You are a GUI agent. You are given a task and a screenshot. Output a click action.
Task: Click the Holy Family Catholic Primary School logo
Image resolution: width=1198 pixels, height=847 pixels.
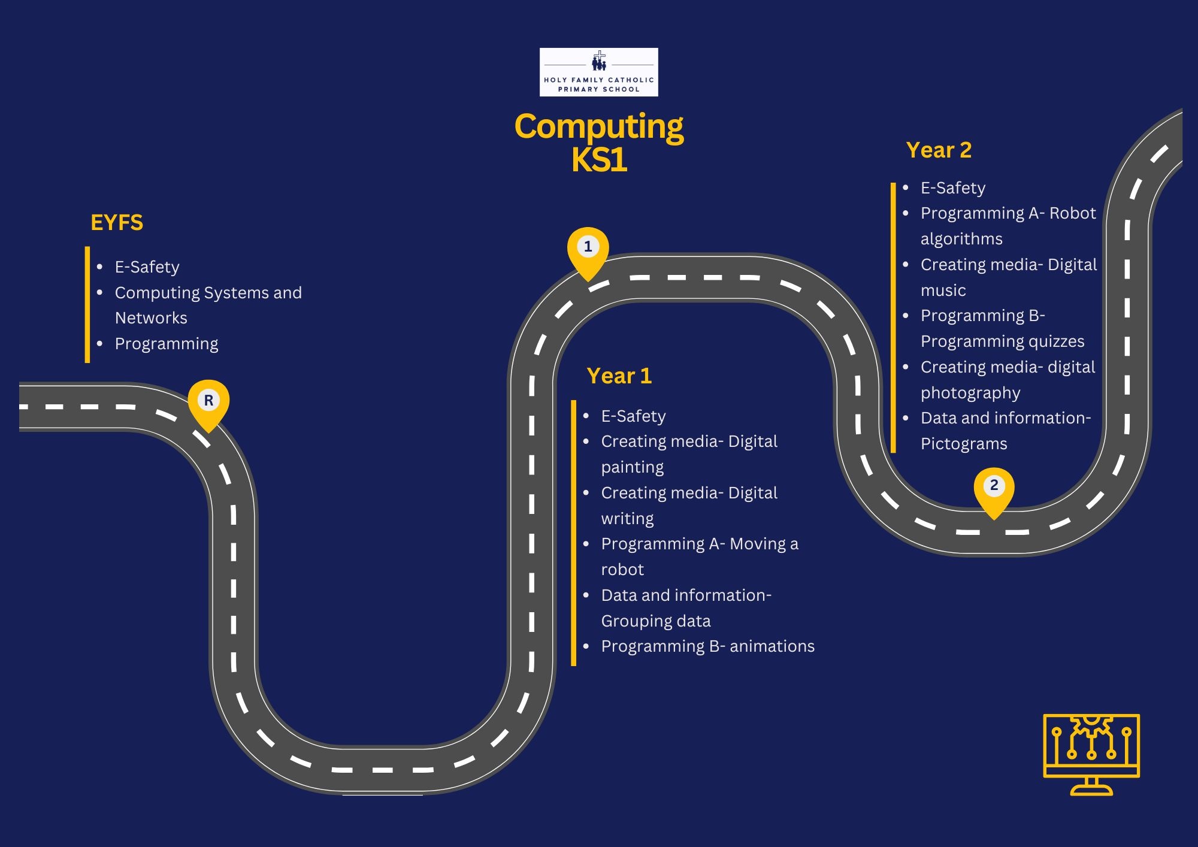click(x=598, y=72)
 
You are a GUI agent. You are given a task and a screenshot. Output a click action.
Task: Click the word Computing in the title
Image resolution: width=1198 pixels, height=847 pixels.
click(x=598, y=127)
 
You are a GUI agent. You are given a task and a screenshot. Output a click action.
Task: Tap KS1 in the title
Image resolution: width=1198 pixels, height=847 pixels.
click(x=598, y=160)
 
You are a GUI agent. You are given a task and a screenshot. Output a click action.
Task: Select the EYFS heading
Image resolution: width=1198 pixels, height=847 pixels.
click(x=117, y=222)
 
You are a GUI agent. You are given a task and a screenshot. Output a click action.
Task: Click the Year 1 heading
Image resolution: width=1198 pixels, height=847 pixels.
click(x=619, y=376)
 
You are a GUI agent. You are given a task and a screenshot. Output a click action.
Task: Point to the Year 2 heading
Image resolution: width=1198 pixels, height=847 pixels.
click(x=939, y=150)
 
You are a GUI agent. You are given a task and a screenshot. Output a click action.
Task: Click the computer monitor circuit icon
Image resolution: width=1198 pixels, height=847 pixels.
click(x=1091, y=754)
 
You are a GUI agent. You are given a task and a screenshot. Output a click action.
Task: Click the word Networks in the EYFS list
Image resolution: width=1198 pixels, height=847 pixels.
click(x=151, y=318)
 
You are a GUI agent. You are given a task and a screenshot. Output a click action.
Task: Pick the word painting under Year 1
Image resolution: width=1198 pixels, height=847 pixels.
click(x=633, y=467)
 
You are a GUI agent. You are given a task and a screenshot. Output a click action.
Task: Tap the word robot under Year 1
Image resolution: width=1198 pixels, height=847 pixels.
click(x=622, y=570)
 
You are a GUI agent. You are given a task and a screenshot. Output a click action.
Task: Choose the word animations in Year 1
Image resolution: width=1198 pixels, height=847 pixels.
click(x=772, y=646)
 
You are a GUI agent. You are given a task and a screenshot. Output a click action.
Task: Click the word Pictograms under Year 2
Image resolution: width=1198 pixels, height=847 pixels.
click(x=964, y=444)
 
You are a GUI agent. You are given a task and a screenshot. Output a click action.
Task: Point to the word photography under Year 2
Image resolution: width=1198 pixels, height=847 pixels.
click(x=970, y=393)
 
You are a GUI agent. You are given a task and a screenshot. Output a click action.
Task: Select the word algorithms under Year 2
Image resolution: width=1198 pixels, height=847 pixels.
click(x=961, y=239)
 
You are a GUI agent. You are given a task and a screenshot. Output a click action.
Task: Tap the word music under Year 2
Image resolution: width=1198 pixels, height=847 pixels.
click(x=943, y=291)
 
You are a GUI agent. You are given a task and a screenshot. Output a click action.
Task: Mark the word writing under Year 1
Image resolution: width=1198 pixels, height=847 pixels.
click(x=627, y=519)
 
